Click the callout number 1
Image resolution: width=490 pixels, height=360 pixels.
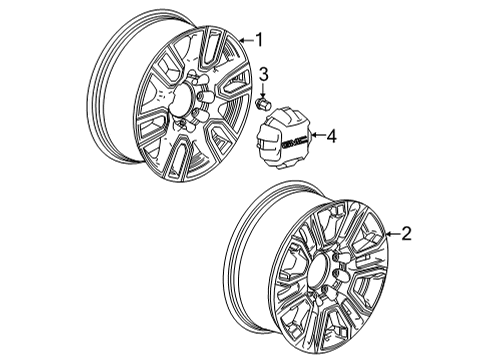258,40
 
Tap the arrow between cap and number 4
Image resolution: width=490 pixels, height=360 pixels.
315,133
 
